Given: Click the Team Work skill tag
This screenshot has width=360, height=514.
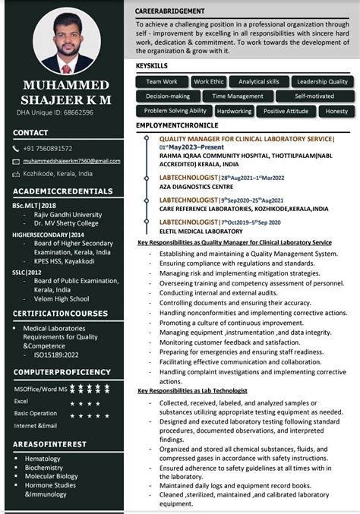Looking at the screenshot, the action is pyautogui.click(x=161, y=81).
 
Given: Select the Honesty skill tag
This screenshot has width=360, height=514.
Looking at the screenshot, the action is pyautogui.click(x=335, y=111).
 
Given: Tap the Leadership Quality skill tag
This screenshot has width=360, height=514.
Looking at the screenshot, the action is pyautogui.click(x=322, y=81).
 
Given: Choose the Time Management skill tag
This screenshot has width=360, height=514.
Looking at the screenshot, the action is pyautogui.click(x=238, y=96).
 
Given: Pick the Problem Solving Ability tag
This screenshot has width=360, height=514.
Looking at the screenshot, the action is pyautogui.click(x=175, y=111).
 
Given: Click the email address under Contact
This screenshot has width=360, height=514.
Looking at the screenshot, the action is pyautogui.click(x=71, y=161).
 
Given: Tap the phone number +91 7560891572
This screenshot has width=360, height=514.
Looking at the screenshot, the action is pyautogui.click(x=48, y=148).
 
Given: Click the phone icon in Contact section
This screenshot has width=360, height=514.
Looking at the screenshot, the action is pyautogui.click(x=17, y=148).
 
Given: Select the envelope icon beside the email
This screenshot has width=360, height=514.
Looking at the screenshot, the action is pyautogui.click(x=17, y=161).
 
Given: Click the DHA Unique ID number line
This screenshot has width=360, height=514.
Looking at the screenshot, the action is pyautogui.click(x=55, y=112).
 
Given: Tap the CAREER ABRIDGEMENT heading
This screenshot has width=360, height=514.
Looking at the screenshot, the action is pyautogui.click(x=169, y=12).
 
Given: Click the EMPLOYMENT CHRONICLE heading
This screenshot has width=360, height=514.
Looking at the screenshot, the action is pyautogui.click(x=177, y=125).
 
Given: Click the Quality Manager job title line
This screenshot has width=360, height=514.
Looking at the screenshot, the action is pyautogui.click(x=246, y=139).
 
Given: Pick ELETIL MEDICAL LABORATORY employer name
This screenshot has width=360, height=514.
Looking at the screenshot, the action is pyautogui.click(x=201, y=231).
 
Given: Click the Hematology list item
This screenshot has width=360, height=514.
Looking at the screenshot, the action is pyautogui.click(x=43, y=459).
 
